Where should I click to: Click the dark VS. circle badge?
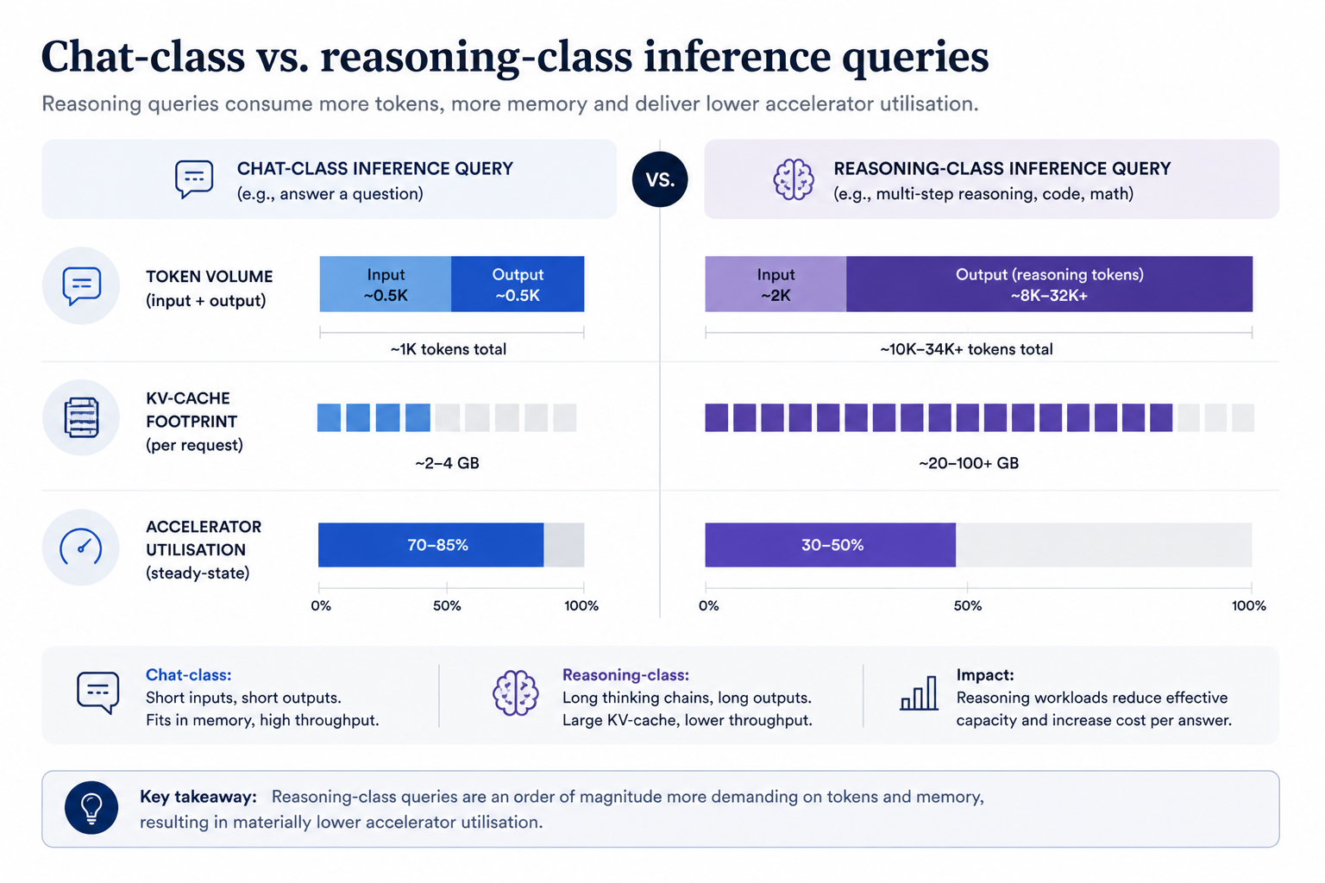coord(660,179)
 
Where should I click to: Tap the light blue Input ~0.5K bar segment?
coord(385,284)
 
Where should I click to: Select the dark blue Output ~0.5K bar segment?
coord(518,284)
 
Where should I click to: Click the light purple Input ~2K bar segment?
coord(776,284)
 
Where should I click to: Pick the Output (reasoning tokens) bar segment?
coord(1049,284)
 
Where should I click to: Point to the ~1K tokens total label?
coord(449,349)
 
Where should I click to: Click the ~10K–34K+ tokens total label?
coord(966,349)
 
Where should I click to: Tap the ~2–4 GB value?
coord(447,462)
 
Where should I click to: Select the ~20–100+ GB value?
coord(969,462)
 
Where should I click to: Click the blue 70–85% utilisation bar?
coord(430,545)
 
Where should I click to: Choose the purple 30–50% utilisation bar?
coord(830,545)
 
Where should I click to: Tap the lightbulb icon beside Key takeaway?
coord(91,808)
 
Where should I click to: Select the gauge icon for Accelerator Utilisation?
coord(81,547)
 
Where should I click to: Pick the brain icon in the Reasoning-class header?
coord(794,179)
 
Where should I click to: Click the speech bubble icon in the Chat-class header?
coord(194,179)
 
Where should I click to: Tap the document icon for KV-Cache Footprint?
coord(81,417)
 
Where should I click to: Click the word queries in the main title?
coord(915,58)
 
